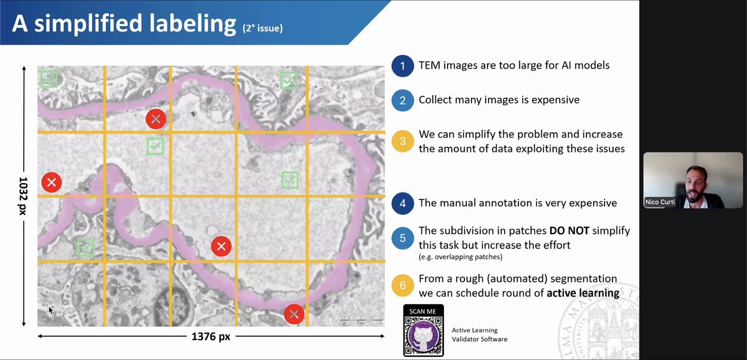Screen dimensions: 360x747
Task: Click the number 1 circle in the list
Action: (x=403, y=65)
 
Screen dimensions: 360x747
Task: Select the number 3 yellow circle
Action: (x=403, y=141)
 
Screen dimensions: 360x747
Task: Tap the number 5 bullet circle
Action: (x=403, y=237)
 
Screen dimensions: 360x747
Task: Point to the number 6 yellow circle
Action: (x=403, y=286)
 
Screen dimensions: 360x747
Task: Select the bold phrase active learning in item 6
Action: (x=583, y=293)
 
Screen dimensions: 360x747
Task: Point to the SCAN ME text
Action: (x=423, y=311)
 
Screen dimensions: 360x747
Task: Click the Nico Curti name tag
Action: (x=659, y=202)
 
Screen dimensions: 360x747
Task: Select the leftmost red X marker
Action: (x=52, y=182)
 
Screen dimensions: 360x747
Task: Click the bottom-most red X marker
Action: (x=294, y=314)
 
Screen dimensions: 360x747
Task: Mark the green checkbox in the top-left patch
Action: (x=49, y=78)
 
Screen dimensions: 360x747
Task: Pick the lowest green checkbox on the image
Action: (x=86, y=247)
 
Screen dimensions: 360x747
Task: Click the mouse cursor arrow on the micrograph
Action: (x=51, y=310)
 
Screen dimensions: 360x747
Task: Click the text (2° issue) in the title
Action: (x=263, y=27)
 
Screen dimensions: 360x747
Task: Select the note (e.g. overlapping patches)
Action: (x=460, y=257)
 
